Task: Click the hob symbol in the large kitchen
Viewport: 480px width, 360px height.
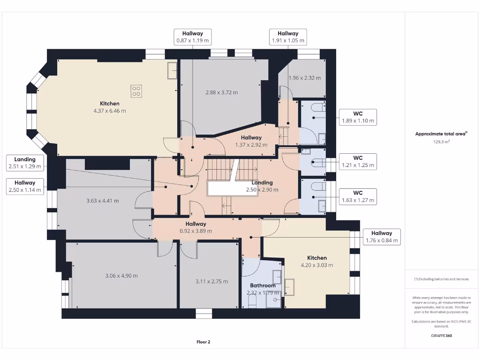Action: click(136, 91)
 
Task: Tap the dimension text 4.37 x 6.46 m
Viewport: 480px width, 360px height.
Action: click(110, 111)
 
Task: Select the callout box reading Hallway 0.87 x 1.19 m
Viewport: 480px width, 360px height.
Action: click(192, 37)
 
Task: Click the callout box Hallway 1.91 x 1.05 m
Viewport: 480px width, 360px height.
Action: click(288, 37)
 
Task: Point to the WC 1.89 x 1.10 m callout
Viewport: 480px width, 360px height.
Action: click(358, 117)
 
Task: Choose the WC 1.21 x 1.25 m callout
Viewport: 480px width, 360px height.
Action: click(358, 162)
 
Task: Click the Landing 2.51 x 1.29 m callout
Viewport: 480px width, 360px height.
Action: click(25, 163)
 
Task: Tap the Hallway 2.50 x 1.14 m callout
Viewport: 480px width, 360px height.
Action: click(25, 186)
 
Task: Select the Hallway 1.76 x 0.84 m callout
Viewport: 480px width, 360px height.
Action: click(382, 237)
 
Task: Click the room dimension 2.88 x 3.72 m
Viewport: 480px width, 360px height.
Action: click(221, 92)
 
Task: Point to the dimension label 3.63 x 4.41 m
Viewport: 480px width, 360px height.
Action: click(102, 201)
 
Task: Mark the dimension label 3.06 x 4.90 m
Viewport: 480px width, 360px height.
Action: click(121, 276)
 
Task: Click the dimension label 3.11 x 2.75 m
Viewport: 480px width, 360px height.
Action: click(211, 281)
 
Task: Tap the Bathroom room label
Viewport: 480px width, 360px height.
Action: click(262, 285)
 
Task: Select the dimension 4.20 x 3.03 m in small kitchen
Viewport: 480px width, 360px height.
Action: click(317, 265)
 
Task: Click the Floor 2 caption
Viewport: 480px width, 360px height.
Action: click(203, 342)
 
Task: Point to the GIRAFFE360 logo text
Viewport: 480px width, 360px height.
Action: click(441, 336)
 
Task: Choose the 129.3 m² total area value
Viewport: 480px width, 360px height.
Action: click(441, 141)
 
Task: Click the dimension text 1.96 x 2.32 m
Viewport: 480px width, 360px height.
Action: click(305, 78)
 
